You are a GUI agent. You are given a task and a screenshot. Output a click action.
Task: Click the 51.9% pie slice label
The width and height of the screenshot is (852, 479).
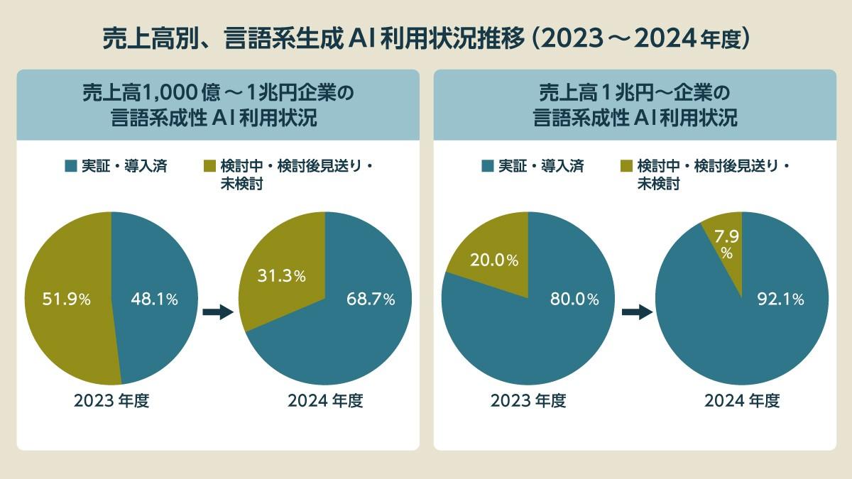[x=57, y=299]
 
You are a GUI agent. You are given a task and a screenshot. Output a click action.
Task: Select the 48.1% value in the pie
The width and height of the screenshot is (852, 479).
[x=154, y=299]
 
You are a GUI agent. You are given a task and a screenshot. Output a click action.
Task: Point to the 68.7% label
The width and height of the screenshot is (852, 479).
[x=370, y=299]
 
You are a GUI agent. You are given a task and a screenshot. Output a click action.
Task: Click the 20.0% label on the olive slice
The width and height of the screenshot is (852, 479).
[x=493, y=260]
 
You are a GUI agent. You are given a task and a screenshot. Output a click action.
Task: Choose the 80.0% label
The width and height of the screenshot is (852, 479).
[x=574, y=299]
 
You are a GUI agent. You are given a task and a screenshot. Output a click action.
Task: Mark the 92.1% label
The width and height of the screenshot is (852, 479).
[x=779, y=299]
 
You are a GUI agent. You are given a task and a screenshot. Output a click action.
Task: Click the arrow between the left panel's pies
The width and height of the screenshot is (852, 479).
[x=218, y=312]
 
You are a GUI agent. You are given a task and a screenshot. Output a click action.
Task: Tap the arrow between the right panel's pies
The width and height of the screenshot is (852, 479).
[x=636, y=312]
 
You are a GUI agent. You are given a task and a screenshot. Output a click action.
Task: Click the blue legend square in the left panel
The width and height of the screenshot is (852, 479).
[x=70, y=167]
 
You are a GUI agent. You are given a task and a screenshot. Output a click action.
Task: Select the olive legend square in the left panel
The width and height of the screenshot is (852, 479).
[x=209, y=167]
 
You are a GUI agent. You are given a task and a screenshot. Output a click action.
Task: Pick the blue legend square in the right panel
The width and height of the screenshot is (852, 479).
[x=487, y=167]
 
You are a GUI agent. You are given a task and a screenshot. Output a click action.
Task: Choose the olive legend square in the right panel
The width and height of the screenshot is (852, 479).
[x=626, y=167]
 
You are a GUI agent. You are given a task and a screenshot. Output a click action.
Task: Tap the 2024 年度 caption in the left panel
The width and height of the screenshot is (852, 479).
[x=325, y=401]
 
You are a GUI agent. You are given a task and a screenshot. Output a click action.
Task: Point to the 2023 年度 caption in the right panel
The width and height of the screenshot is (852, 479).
[x=528, y=401]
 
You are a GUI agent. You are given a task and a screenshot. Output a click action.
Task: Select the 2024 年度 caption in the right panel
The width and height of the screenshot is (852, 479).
[x=742, y=401]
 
